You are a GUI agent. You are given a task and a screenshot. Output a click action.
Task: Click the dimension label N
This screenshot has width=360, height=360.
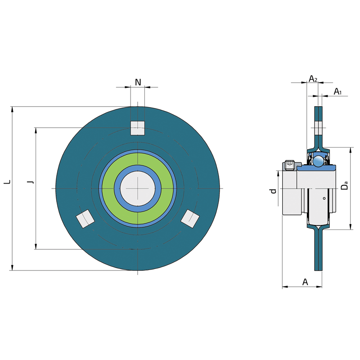pos(138,82)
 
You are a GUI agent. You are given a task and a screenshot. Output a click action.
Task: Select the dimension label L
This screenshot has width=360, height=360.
pos(7,182)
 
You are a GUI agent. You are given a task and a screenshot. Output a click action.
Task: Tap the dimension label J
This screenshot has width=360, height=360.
pos(30,182)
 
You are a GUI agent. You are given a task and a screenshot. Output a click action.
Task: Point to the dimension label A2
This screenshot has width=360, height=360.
pos(313,79)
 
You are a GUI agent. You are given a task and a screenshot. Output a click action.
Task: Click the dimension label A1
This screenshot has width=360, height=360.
pos(337,92)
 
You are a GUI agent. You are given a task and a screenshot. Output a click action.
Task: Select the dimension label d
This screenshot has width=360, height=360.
pos(273,191)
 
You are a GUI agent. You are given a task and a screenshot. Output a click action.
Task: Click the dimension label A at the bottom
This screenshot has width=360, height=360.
pos(305,282)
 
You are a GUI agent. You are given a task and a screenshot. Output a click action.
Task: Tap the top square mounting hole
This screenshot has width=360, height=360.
pos(138,128)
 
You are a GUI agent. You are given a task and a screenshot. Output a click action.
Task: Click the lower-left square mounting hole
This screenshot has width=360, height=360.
pos(85,219)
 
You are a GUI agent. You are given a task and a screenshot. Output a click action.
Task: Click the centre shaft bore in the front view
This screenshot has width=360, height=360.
pos(138,188)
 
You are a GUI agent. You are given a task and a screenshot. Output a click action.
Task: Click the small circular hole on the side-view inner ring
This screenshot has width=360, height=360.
pos(324,198)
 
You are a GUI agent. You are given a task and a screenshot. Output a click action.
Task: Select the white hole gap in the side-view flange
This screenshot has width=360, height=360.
pos(319,128)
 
